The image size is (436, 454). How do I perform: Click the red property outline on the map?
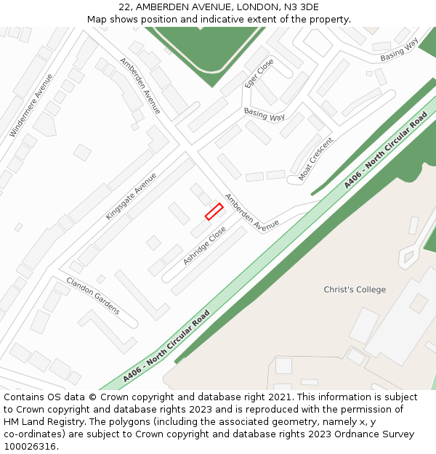[x=214, y=211]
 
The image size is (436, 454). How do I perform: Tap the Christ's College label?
[x=355, y=290]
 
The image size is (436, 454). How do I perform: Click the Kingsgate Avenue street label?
[x=131, y=196]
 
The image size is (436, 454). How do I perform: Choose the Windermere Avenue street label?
[x=31, y=105]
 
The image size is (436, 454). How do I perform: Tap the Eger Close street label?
[x=259, y=73]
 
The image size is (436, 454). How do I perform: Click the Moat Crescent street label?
[x=315, y=159]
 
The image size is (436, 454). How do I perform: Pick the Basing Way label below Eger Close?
[x=264, y=115]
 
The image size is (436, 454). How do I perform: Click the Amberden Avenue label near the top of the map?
[x=140, y=86]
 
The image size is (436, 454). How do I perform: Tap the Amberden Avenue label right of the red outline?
[x=251, y=212]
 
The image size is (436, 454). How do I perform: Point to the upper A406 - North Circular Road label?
[x=385, y=150]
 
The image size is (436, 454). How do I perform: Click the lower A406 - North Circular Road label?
[x=166, y=347]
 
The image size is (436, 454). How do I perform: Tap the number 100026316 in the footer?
[x=29, y=447]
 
